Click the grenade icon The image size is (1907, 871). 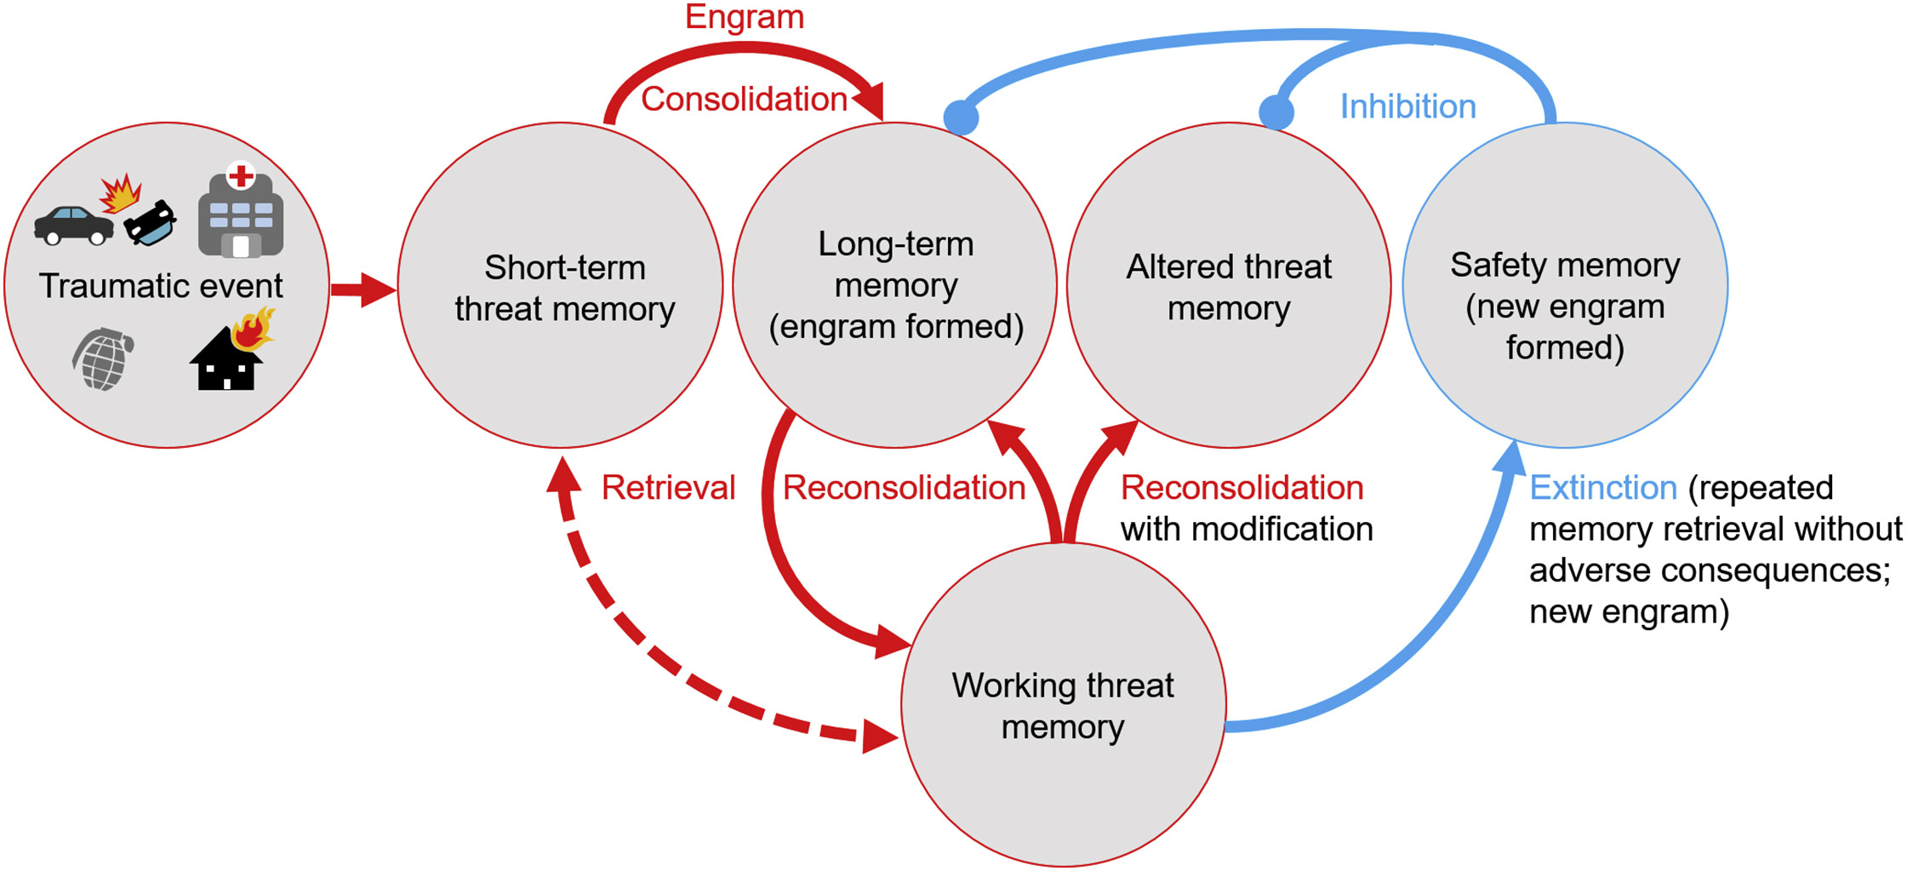(x=103, y=358)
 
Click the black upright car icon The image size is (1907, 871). (x=74, y=225)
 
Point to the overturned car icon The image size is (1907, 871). (x=150, y=222)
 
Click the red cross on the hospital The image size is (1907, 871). (x=241, y=176)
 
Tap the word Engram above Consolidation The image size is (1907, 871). (x=745, y=18)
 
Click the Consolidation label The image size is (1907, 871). (x=744, y=99)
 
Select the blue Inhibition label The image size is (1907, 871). (x=1407, y=106)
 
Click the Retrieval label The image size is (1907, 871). (x=668, y=488)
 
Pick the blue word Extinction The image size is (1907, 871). (x=1603, y=488)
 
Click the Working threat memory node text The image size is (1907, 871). (x=1063, y=706)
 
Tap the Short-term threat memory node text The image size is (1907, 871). (x=564, y=288)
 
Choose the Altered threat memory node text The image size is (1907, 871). (x=1229, y=287)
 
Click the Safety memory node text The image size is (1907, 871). (x=1565, y=306)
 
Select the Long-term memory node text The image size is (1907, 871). (x=896, y=285)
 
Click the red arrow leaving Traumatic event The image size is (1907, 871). (x=363, y=289)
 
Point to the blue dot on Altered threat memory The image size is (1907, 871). (x=1276, y=112)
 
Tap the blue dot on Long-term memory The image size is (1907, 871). (x=962, y=117)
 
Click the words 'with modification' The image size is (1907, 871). (x=1247, y=530)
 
